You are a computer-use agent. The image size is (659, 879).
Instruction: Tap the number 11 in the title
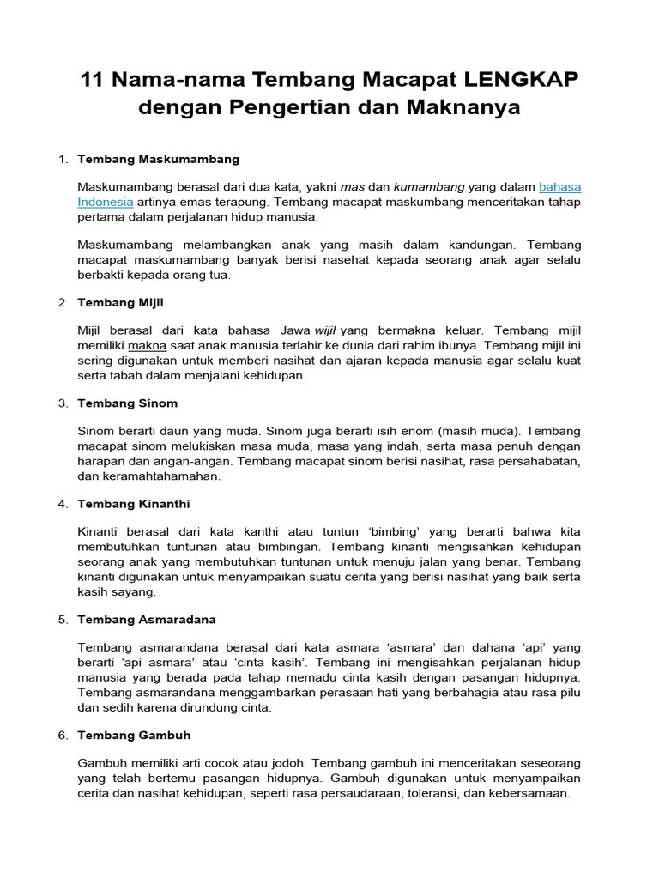[x=92, y=80]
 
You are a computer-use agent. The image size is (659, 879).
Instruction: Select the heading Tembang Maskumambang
[x=158, y=159]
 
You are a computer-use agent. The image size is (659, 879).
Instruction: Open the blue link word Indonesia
[x=105, y=202]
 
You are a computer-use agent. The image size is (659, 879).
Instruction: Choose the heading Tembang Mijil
[x=120, y=302]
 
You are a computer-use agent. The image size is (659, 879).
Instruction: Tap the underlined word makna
[x=147, y=345]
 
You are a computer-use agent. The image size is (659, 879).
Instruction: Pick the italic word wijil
[x=325, y=330]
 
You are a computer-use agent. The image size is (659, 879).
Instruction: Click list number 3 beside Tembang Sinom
[x=63, y=403]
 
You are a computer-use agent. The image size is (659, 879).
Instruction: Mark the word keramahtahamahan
[x=160, y=476]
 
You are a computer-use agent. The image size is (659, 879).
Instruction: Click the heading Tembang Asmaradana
[x=147, y=619]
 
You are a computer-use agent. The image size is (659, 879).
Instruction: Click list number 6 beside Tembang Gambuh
[x=63, y=736]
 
